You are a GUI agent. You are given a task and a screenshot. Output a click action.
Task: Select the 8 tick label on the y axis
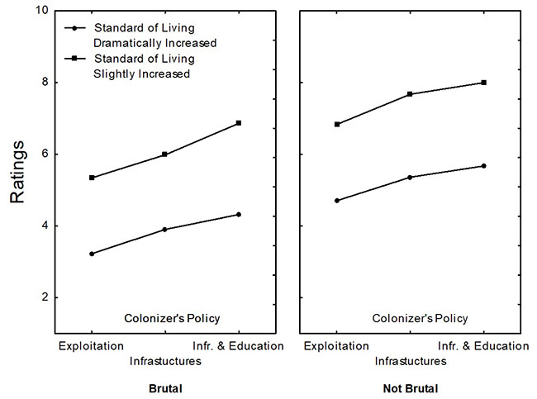pos(41,83)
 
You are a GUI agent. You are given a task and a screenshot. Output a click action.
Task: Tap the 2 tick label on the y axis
pos(41,297)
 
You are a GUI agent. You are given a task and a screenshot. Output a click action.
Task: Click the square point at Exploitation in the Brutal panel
pos(92,178)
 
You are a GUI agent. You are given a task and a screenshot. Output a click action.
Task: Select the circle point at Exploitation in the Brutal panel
pos(92,254)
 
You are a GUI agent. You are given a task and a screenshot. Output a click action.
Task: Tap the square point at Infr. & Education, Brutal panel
pos(239,123)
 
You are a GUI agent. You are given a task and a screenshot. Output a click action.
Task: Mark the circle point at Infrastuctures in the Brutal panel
pos(164,230)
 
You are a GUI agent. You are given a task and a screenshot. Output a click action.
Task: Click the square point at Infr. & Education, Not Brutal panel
pos(483,83)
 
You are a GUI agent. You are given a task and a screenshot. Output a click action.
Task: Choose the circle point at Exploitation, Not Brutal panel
pos(336,201)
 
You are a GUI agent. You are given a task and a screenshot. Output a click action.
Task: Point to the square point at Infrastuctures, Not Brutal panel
pos(409,94)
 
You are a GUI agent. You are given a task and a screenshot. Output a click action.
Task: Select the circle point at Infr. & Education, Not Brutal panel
pos(483,166)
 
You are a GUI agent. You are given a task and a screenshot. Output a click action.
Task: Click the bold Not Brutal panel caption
pos(410,388)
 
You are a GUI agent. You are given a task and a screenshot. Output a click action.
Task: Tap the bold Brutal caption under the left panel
pos(165,388)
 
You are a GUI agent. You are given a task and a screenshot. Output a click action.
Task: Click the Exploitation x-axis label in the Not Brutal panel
pos(336,345)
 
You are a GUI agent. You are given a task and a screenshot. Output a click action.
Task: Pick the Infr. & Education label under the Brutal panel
pos(239,345)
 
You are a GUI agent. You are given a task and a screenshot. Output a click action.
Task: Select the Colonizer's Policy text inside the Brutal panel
pos(172,318)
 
